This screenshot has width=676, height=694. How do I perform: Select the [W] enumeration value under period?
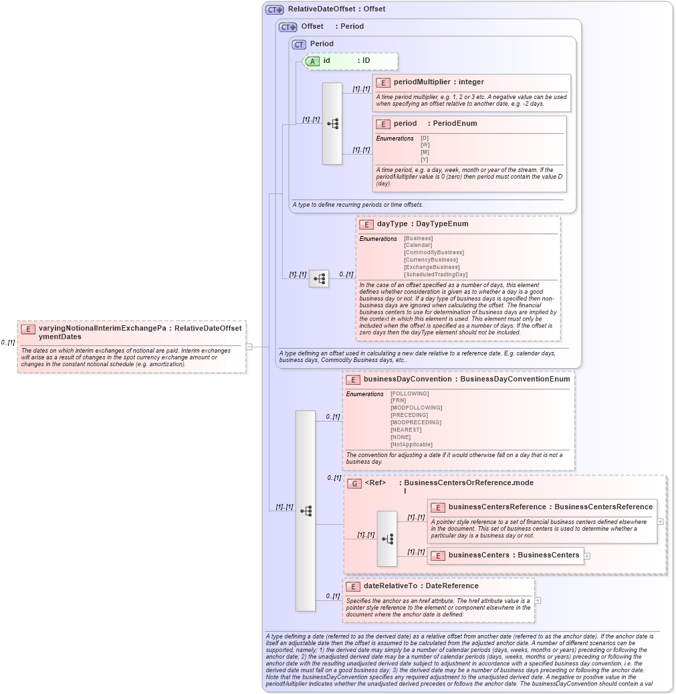[x=425, y=145]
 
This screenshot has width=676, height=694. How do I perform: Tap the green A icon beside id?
[x=313, y=61]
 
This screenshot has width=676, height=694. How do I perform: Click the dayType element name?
[x=392, y=224]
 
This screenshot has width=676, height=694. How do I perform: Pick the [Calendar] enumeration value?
[x=418, y=246]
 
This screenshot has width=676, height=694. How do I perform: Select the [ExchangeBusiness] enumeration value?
[x=431, y=267]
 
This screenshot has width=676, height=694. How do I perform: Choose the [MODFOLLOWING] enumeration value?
[x=416, y=408]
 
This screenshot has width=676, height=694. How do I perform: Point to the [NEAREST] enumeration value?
[x=406, y=430]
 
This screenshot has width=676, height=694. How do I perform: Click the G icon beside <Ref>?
[x=354, y=483]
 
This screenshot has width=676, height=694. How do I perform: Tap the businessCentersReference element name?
[x=497, y=507]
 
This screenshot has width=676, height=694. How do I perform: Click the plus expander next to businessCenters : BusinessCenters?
[x=587, y=555]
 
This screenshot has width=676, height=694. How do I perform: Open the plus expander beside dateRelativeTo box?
[x=538, y=600]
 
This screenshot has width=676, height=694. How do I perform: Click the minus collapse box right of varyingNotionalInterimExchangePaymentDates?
[x=249, y=347]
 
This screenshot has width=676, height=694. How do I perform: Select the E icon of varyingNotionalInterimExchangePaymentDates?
[x=28, y=329]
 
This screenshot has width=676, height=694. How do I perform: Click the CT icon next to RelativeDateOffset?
[x=274, y=10]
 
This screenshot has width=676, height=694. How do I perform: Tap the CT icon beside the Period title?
[x=299, y=44]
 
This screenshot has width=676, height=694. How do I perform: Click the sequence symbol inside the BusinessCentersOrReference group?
[x=386, y=539]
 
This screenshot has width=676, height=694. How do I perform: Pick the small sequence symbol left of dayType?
[x=318, y=277]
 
